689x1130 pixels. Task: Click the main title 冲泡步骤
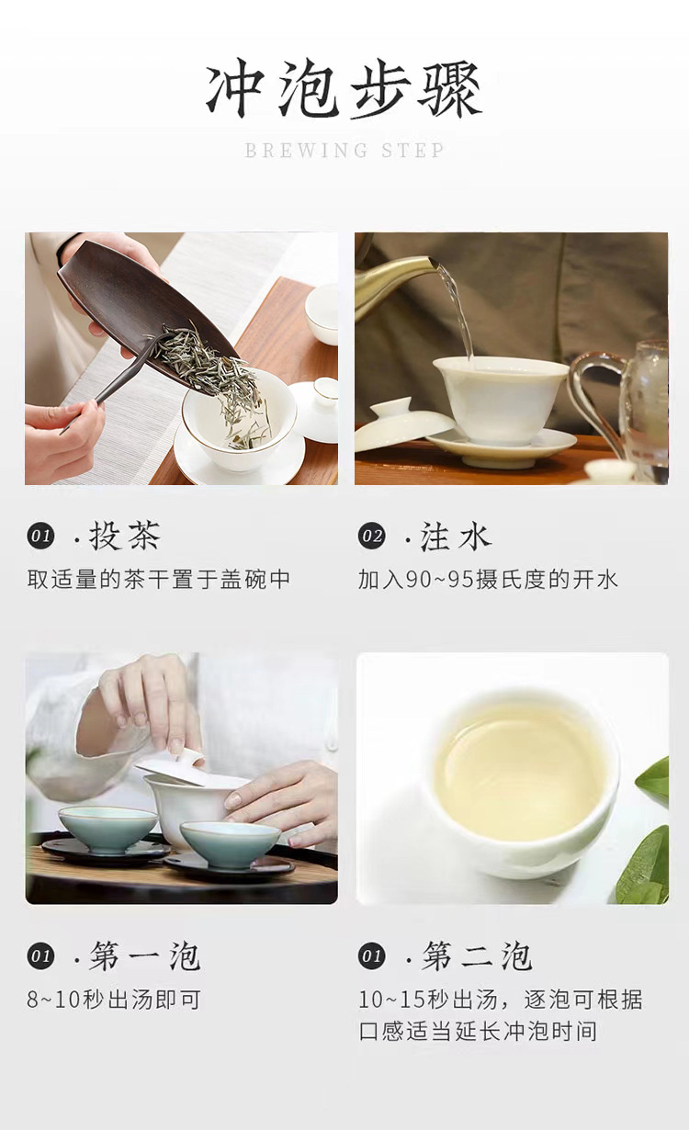pos(344,89)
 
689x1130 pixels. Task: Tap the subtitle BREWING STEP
pos(344,151)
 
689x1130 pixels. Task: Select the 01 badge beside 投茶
pos(40,536)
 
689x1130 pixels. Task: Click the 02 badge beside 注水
pos(372,536)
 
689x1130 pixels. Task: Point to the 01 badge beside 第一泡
pos(40,955)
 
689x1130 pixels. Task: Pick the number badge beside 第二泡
pos(372,955)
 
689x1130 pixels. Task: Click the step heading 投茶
pos(125,536)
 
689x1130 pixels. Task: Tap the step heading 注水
pos(456,536)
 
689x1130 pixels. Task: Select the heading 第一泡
pos(145,955)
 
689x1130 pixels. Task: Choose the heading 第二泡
pos(477,955)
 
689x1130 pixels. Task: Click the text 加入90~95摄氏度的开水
pos(488,580)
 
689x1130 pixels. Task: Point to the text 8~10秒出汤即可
pos(114,1000)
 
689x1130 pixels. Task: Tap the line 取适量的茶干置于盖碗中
pos(158,580)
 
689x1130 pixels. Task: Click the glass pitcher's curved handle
pos(595,399)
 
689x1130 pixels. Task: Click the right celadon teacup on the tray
pos(230,845)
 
